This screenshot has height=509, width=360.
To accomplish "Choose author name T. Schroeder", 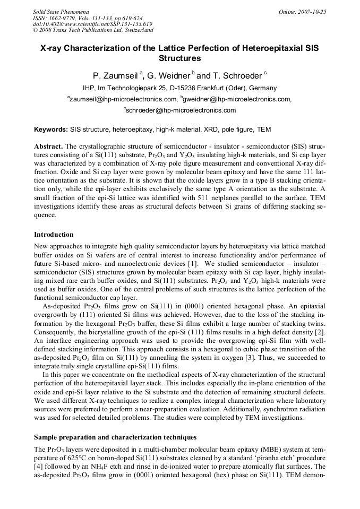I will click(x=238, y=75).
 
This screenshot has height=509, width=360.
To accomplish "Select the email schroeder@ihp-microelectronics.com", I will click(x=181, y=110).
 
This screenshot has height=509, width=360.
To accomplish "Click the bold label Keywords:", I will click(x=51, y=130).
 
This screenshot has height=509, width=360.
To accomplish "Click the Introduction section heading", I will click(x=54, y=234).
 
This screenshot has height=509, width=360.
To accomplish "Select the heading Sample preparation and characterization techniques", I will click(x=115, y=437).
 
